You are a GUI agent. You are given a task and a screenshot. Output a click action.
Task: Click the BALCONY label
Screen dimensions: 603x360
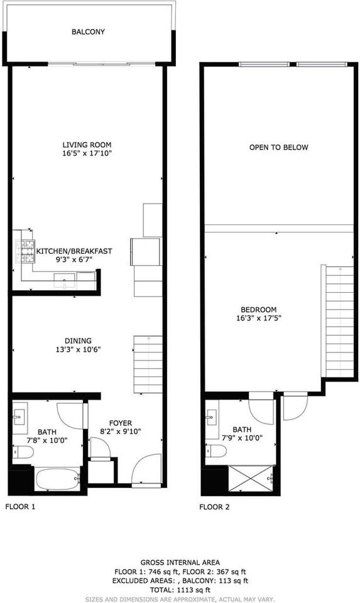tap(88, 31)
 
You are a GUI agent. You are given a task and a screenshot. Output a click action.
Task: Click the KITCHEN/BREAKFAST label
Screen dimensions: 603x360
tap(74, 251)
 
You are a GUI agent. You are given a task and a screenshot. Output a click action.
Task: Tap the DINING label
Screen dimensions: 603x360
tap(78, 340)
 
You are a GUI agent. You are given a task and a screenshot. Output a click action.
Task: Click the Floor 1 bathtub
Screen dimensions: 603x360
tap(58, 480)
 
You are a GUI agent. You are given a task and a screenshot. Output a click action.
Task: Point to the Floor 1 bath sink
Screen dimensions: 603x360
tap(18, 415)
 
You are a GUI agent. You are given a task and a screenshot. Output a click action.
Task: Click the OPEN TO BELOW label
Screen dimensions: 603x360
tap(278, 148)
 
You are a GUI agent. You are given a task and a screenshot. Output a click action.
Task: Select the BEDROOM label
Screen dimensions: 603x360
tap(259, 309)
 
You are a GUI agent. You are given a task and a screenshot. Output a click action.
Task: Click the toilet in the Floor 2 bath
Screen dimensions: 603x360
tap(217, 450)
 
